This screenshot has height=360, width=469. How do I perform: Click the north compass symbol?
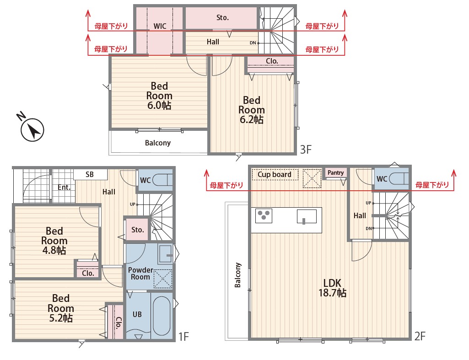31,128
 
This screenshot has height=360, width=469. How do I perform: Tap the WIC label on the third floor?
160,26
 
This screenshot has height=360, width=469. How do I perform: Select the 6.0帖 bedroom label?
159,96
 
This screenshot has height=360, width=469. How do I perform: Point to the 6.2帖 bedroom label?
251,110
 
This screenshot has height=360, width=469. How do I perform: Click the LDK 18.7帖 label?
332,288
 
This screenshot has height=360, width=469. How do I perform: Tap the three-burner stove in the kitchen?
264,215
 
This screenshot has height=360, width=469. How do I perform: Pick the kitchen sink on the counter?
307,216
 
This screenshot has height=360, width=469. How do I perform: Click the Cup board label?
274,174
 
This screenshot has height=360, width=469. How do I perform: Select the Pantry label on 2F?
335,172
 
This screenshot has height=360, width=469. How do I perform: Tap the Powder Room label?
140,273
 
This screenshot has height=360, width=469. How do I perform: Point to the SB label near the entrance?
89,174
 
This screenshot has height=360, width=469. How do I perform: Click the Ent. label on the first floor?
64,188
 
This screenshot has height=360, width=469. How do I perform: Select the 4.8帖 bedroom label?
54,241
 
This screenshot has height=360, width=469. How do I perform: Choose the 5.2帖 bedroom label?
61,308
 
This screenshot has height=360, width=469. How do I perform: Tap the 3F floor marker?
306,149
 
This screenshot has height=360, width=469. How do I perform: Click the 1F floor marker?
183,337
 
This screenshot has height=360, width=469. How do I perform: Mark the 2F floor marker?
420,336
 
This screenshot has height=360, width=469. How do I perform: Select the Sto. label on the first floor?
138,230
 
